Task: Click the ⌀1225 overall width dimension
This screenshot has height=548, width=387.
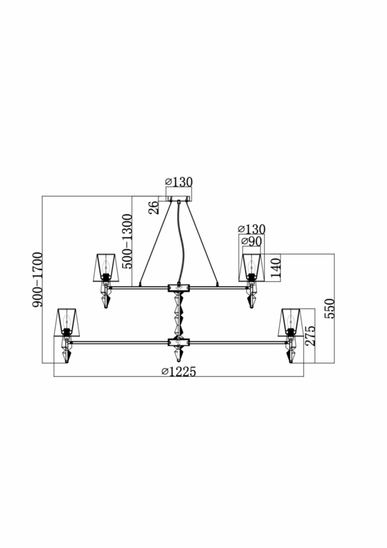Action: click(179, 372)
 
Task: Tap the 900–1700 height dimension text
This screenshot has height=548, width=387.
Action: click(37, 280)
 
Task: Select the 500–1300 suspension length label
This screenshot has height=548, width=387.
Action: click(127, 241)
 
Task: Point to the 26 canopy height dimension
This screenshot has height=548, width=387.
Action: click(154, 208)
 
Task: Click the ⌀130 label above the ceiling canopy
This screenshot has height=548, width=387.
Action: click(179, 182)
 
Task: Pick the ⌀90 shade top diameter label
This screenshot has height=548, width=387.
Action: click(251, 241)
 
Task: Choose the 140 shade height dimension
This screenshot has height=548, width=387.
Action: click(276, 268)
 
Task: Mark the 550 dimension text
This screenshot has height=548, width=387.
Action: click(329, 308)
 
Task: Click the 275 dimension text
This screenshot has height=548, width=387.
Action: click(310, 335)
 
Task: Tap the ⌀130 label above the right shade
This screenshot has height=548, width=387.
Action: click(251, 229)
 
